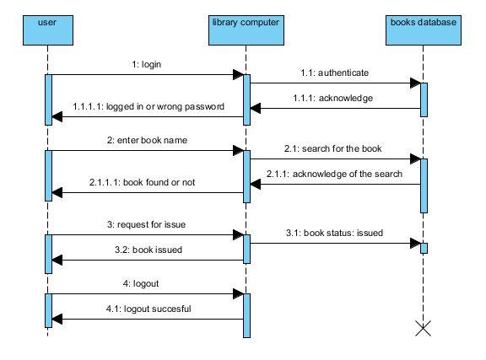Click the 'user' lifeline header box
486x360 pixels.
[48, 30]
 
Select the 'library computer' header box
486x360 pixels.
[246, 30]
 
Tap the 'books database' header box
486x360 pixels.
[424, 30]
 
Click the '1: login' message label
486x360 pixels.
[147, 64]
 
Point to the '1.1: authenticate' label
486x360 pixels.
[335, 73]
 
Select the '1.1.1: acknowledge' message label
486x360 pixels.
[333, 98]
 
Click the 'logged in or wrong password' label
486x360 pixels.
[165, 106]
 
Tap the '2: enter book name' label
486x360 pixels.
[147, 140]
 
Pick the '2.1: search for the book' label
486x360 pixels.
[333, 148]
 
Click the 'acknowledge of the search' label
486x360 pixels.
[348, 175]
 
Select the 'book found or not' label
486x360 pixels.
[159, 182]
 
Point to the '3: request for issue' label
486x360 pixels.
[146, 224]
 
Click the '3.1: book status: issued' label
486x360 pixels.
[334, 233]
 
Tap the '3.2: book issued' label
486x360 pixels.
[148, 250]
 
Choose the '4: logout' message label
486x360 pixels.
[141, 284]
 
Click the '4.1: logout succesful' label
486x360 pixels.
[148, 309]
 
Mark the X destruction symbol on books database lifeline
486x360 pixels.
[423, 329]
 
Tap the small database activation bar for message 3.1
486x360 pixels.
[424, 248]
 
